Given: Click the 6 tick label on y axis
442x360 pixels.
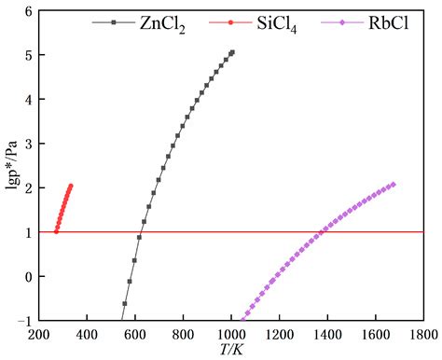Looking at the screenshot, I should point(27,11).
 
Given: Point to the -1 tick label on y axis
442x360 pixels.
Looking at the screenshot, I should point(24,320).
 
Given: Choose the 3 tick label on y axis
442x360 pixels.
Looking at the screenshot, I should point(27,144).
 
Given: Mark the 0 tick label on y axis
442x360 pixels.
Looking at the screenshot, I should point(27,276).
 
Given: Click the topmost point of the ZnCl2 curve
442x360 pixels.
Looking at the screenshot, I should point(232,52).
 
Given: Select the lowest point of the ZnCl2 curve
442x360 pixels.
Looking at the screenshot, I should point(124,303).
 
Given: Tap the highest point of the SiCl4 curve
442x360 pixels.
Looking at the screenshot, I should point(71,186).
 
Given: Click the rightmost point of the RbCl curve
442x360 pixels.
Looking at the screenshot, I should point(393,184).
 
